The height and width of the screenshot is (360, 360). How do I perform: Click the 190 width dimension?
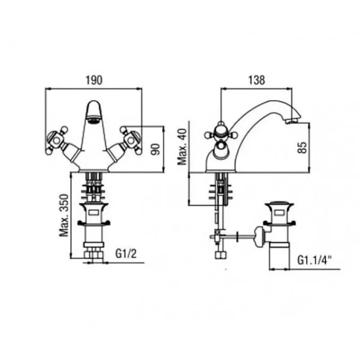94,81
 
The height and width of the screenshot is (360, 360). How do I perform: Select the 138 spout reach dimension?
256,80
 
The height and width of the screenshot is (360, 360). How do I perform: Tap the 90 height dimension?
156,149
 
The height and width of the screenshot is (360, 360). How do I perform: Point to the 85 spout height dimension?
302,148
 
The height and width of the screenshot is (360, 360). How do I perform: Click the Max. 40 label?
183,147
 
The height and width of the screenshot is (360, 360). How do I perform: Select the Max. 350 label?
64,216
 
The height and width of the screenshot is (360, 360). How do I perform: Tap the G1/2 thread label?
126,254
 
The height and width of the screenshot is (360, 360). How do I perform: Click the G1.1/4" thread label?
315,260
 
